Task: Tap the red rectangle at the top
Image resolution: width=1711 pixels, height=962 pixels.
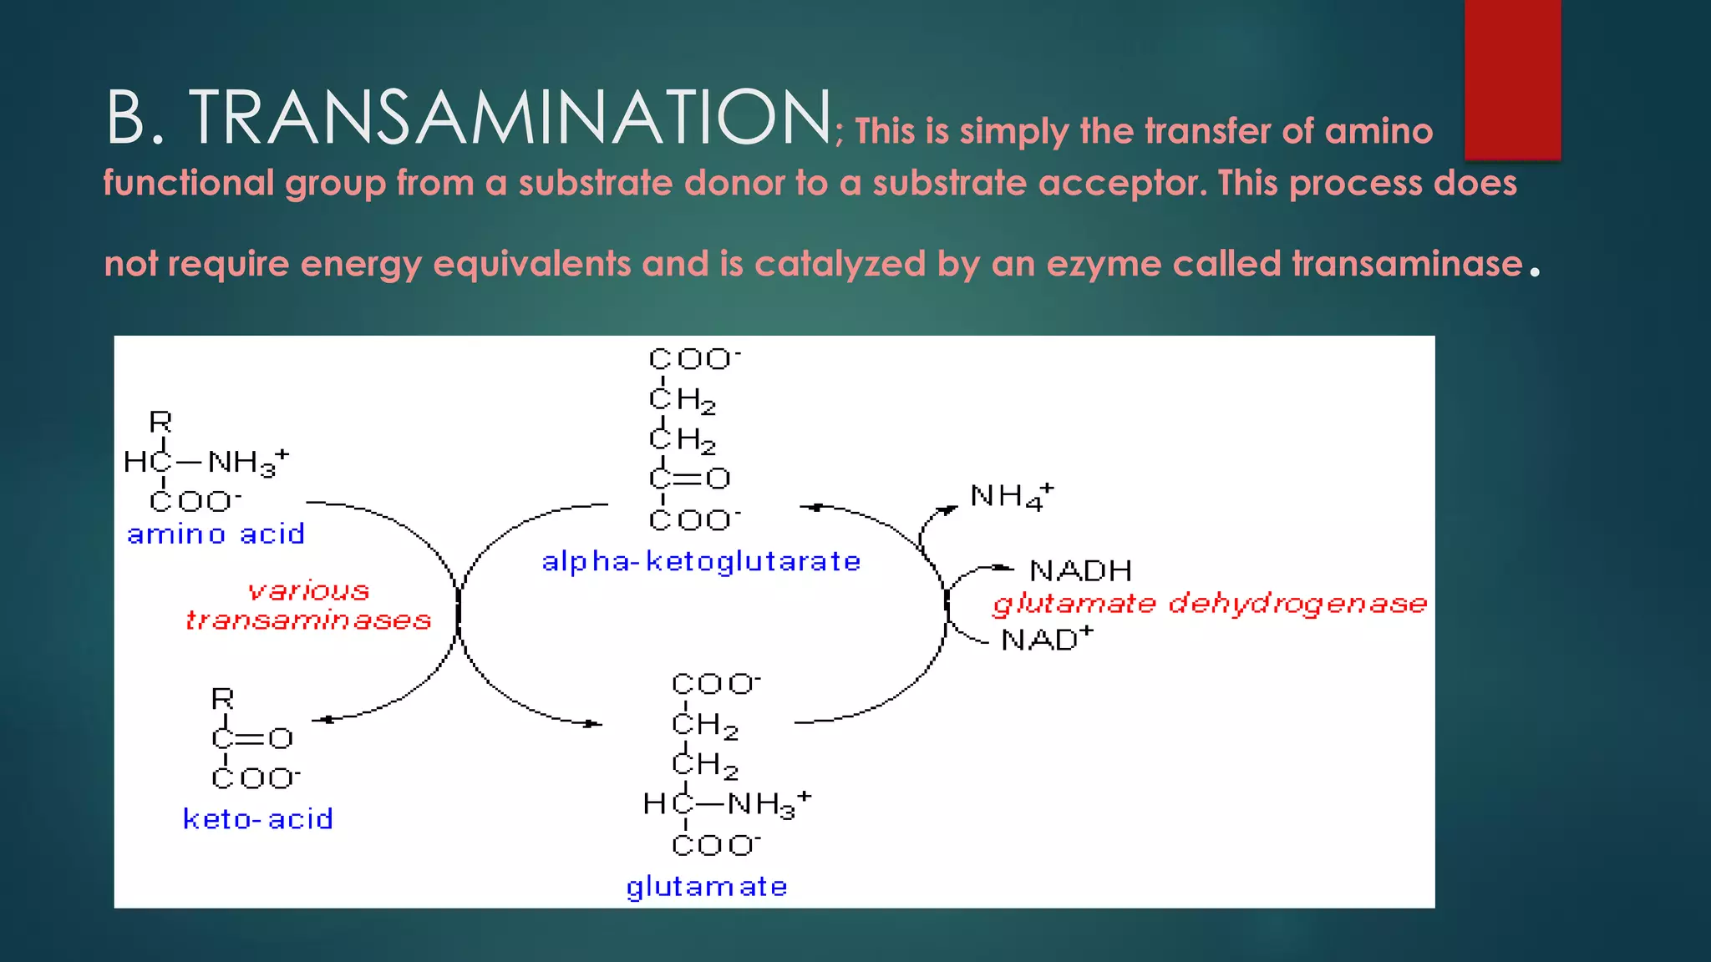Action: pyautogui.click(x=1512, y=79)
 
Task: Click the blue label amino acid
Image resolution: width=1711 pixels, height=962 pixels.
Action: pyautogui.click(x=216, y=534)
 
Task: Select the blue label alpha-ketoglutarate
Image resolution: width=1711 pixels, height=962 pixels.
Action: pyautogui.click(x=700, y=562)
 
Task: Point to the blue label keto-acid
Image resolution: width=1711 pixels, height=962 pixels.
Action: pyautogui.click(x=257, y=819)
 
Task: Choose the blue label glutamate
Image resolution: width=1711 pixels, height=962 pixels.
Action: pyautogui.click(x=707, y=887)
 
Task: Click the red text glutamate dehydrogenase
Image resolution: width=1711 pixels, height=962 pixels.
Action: pyautogui.click(x=1210, y=604)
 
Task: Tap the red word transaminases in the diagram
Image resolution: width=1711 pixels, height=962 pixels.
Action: pyautogui.click(x=308, y=620)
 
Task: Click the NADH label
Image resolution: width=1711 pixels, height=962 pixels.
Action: pyautogui.click(x=1080, y=571)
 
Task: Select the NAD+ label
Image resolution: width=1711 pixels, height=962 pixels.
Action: pyautogui.click(x=1046, y=640)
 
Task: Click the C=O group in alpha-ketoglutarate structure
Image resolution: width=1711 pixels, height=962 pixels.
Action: pyautogui.click(x=689, y=478)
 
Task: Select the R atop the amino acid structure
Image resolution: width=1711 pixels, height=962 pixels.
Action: pyautogui.click(x=160, y=423)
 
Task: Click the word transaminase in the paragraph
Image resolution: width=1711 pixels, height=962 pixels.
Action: pyautogui.click(x=1407, y=264)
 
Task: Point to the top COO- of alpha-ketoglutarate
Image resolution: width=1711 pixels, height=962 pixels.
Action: pyautogui.click(x=693, y=359)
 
